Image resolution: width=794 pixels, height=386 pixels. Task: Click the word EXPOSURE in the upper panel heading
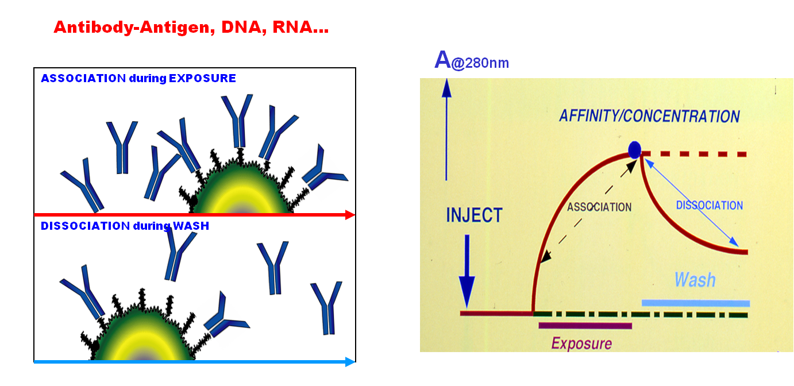[202, 78]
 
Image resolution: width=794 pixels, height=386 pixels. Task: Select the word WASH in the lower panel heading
[191, 226]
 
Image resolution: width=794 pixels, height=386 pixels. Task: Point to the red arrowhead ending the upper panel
[350, 215]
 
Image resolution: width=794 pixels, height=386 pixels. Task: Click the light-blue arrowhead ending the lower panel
[350, 362]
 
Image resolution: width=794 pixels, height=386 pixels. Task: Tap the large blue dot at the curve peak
[634, 150]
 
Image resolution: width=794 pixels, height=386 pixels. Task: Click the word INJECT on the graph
[474, 215]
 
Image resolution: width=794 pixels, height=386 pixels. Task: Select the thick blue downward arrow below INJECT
[467, 271]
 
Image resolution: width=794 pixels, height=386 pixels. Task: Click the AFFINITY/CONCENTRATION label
[649, 116]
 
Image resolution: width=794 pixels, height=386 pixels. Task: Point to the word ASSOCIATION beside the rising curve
[599, 207]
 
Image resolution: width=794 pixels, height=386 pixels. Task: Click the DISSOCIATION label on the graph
[710, 205]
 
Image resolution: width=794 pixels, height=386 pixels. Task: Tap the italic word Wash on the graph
[695, 280]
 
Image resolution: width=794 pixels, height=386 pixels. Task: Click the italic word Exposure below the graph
[581, 343]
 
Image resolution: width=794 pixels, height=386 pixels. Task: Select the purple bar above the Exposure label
[585, 326]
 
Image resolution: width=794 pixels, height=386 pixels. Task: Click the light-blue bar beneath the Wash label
[696, 303]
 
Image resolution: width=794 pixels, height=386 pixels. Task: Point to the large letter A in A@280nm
[442, 59]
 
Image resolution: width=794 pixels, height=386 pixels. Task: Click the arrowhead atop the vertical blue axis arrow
[446, 88]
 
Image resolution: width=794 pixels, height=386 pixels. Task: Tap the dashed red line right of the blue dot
[694, 154]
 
